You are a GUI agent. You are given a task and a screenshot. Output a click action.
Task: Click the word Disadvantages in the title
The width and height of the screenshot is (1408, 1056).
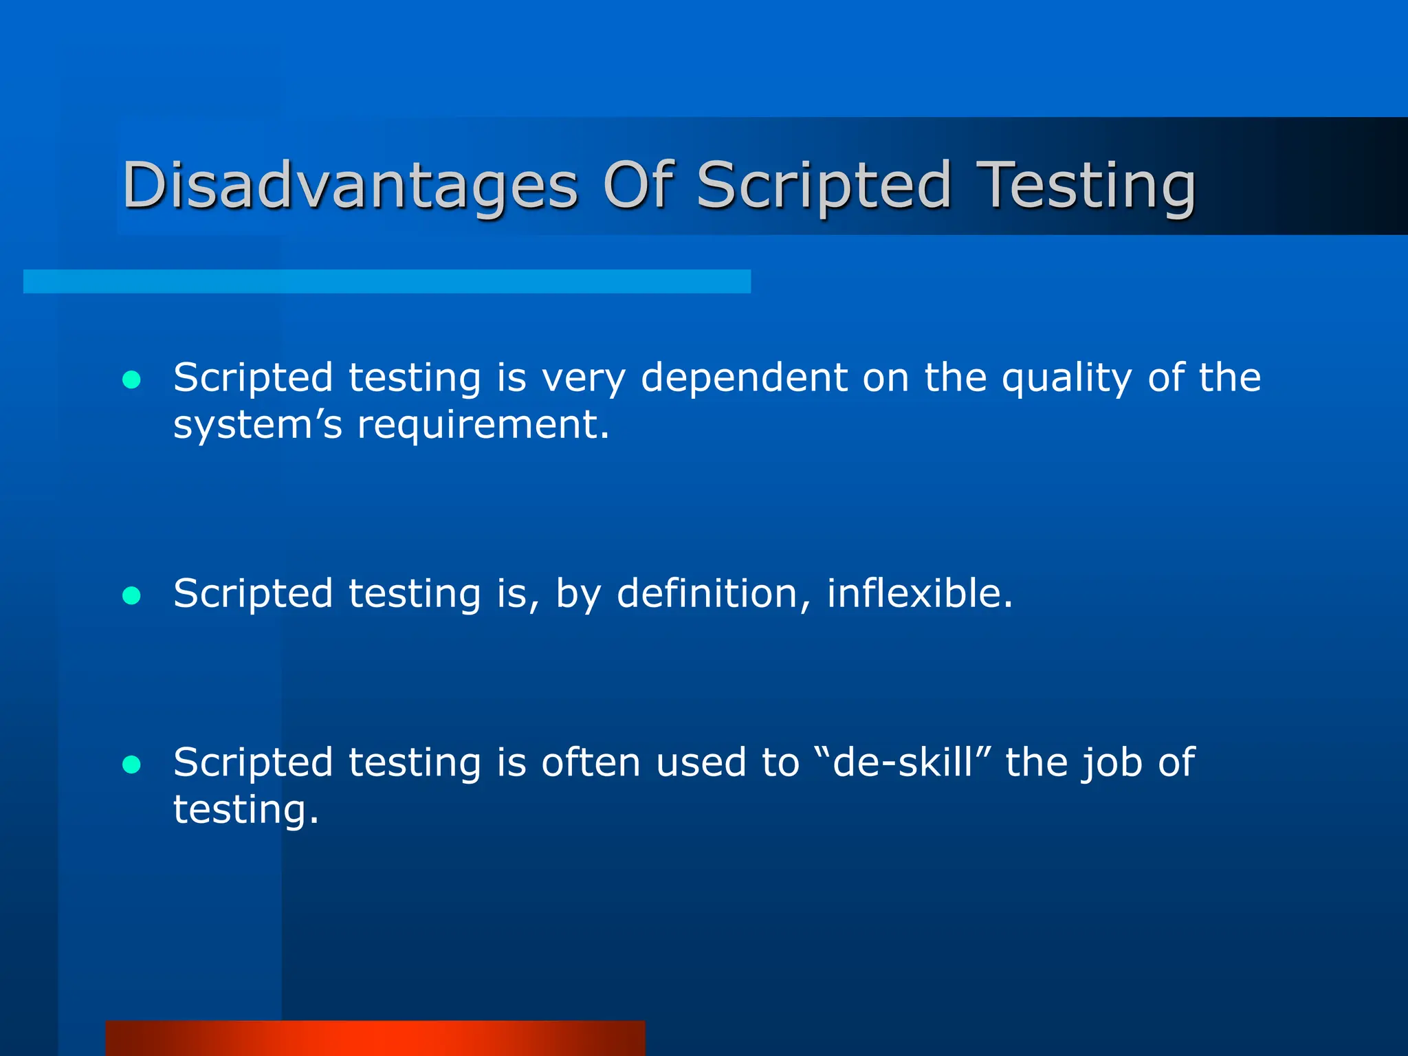click(349, 186)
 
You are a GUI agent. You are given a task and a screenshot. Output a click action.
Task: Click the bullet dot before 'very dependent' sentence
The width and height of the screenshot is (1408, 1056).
click(131, 380)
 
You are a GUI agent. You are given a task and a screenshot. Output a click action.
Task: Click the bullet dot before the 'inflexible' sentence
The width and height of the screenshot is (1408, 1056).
click(131, 595)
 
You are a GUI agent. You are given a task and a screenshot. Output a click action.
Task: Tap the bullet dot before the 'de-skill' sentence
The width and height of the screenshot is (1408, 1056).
click(131, 764)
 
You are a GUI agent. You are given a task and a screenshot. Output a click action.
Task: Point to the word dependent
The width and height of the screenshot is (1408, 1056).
click(744, 378)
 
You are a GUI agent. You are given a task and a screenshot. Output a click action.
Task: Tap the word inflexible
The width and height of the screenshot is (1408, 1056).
click(919, 593)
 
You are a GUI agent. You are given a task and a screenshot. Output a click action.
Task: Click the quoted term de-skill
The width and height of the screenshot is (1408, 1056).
click(903, 762)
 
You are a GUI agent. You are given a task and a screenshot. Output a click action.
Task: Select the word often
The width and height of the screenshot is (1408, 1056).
click(591, 762)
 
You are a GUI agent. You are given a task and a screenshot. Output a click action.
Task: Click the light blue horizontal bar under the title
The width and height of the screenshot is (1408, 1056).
click(386, 281)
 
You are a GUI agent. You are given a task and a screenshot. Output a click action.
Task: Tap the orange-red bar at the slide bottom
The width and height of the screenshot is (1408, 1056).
click(375, 1038)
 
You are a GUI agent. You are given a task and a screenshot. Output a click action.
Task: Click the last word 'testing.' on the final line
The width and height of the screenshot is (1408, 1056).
click(245, 810)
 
